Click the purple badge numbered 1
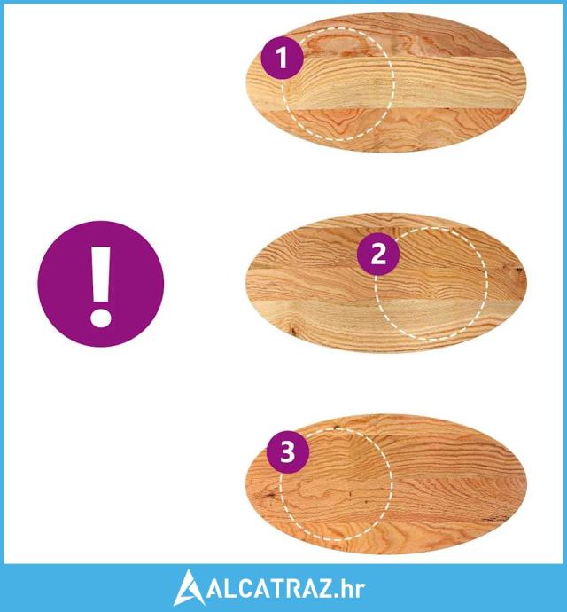click(282, 58)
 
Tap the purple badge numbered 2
click(378, 254)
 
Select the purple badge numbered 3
click(288, 452)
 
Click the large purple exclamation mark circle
click(101, 284)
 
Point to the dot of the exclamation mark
click(101, 317)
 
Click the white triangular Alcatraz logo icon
click(189, 588)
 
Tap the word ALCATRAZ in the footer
click(270, 589)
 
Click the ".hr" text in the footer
click(350, 589)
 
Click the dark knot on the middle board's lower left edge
click(292, 332)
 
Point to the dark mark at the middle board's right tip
click(519, 271)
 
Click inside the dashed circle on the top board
click(338, 84)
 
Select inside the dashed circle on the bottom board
click(336, 484)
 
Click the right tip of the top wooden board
click(525, 82)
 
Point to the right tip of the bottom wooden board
click(525, 484)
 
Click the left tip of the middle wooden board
click(247, 284)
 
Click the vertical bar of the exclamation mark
click(101, 273)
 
